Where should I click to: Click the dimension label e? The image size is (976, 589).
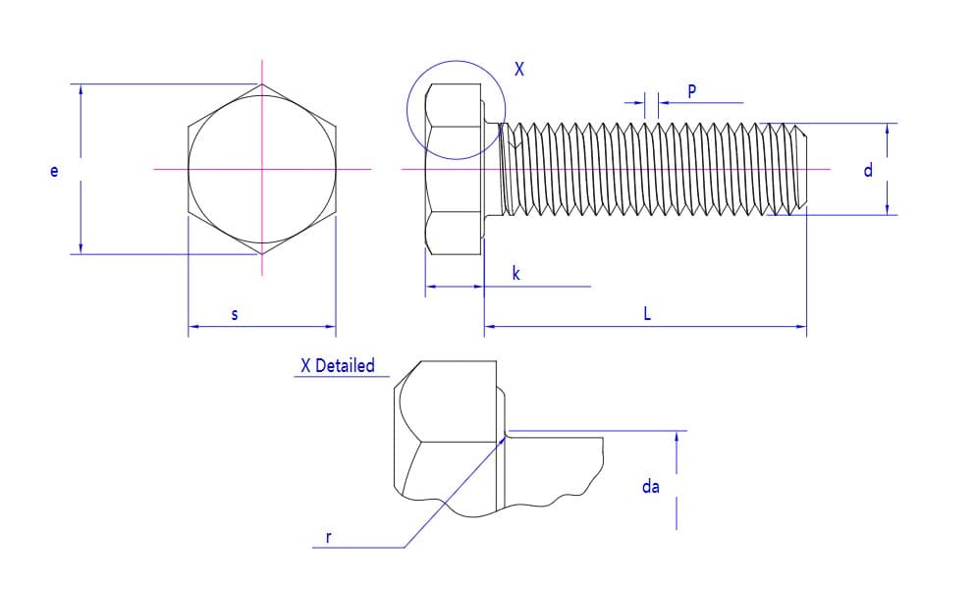54,170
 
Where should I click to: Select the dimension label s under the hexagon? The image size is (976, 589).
235,314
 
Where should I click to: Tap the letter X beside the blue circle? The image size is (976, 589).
519,69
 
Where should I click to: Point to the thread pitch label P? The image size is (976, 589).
692,91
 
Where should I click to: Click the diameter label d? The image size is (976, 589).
868,170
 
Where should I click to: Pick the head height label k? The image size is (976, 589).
516,273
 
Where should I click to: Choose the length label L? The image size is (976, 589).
647,313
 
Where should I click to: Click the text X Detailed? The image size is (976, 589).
338,365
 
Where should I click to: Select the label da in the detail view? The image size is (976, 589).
651,486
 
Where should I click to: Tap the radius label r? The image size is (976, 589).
329,537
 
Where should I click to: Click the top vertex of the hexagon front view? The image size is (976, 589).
262,84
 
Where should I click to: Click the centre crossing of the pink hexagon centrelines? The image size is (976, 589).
262,169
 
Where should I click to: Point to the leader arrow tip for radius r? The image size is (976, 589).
505,437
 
